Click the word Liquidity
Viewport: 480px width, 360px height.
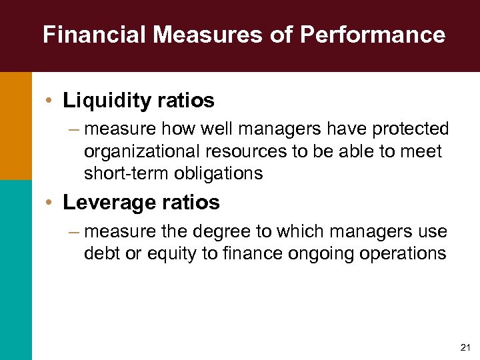(x=107, y=101)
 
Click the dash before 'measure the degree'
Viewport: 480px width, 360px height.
(x=73, y=231)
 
